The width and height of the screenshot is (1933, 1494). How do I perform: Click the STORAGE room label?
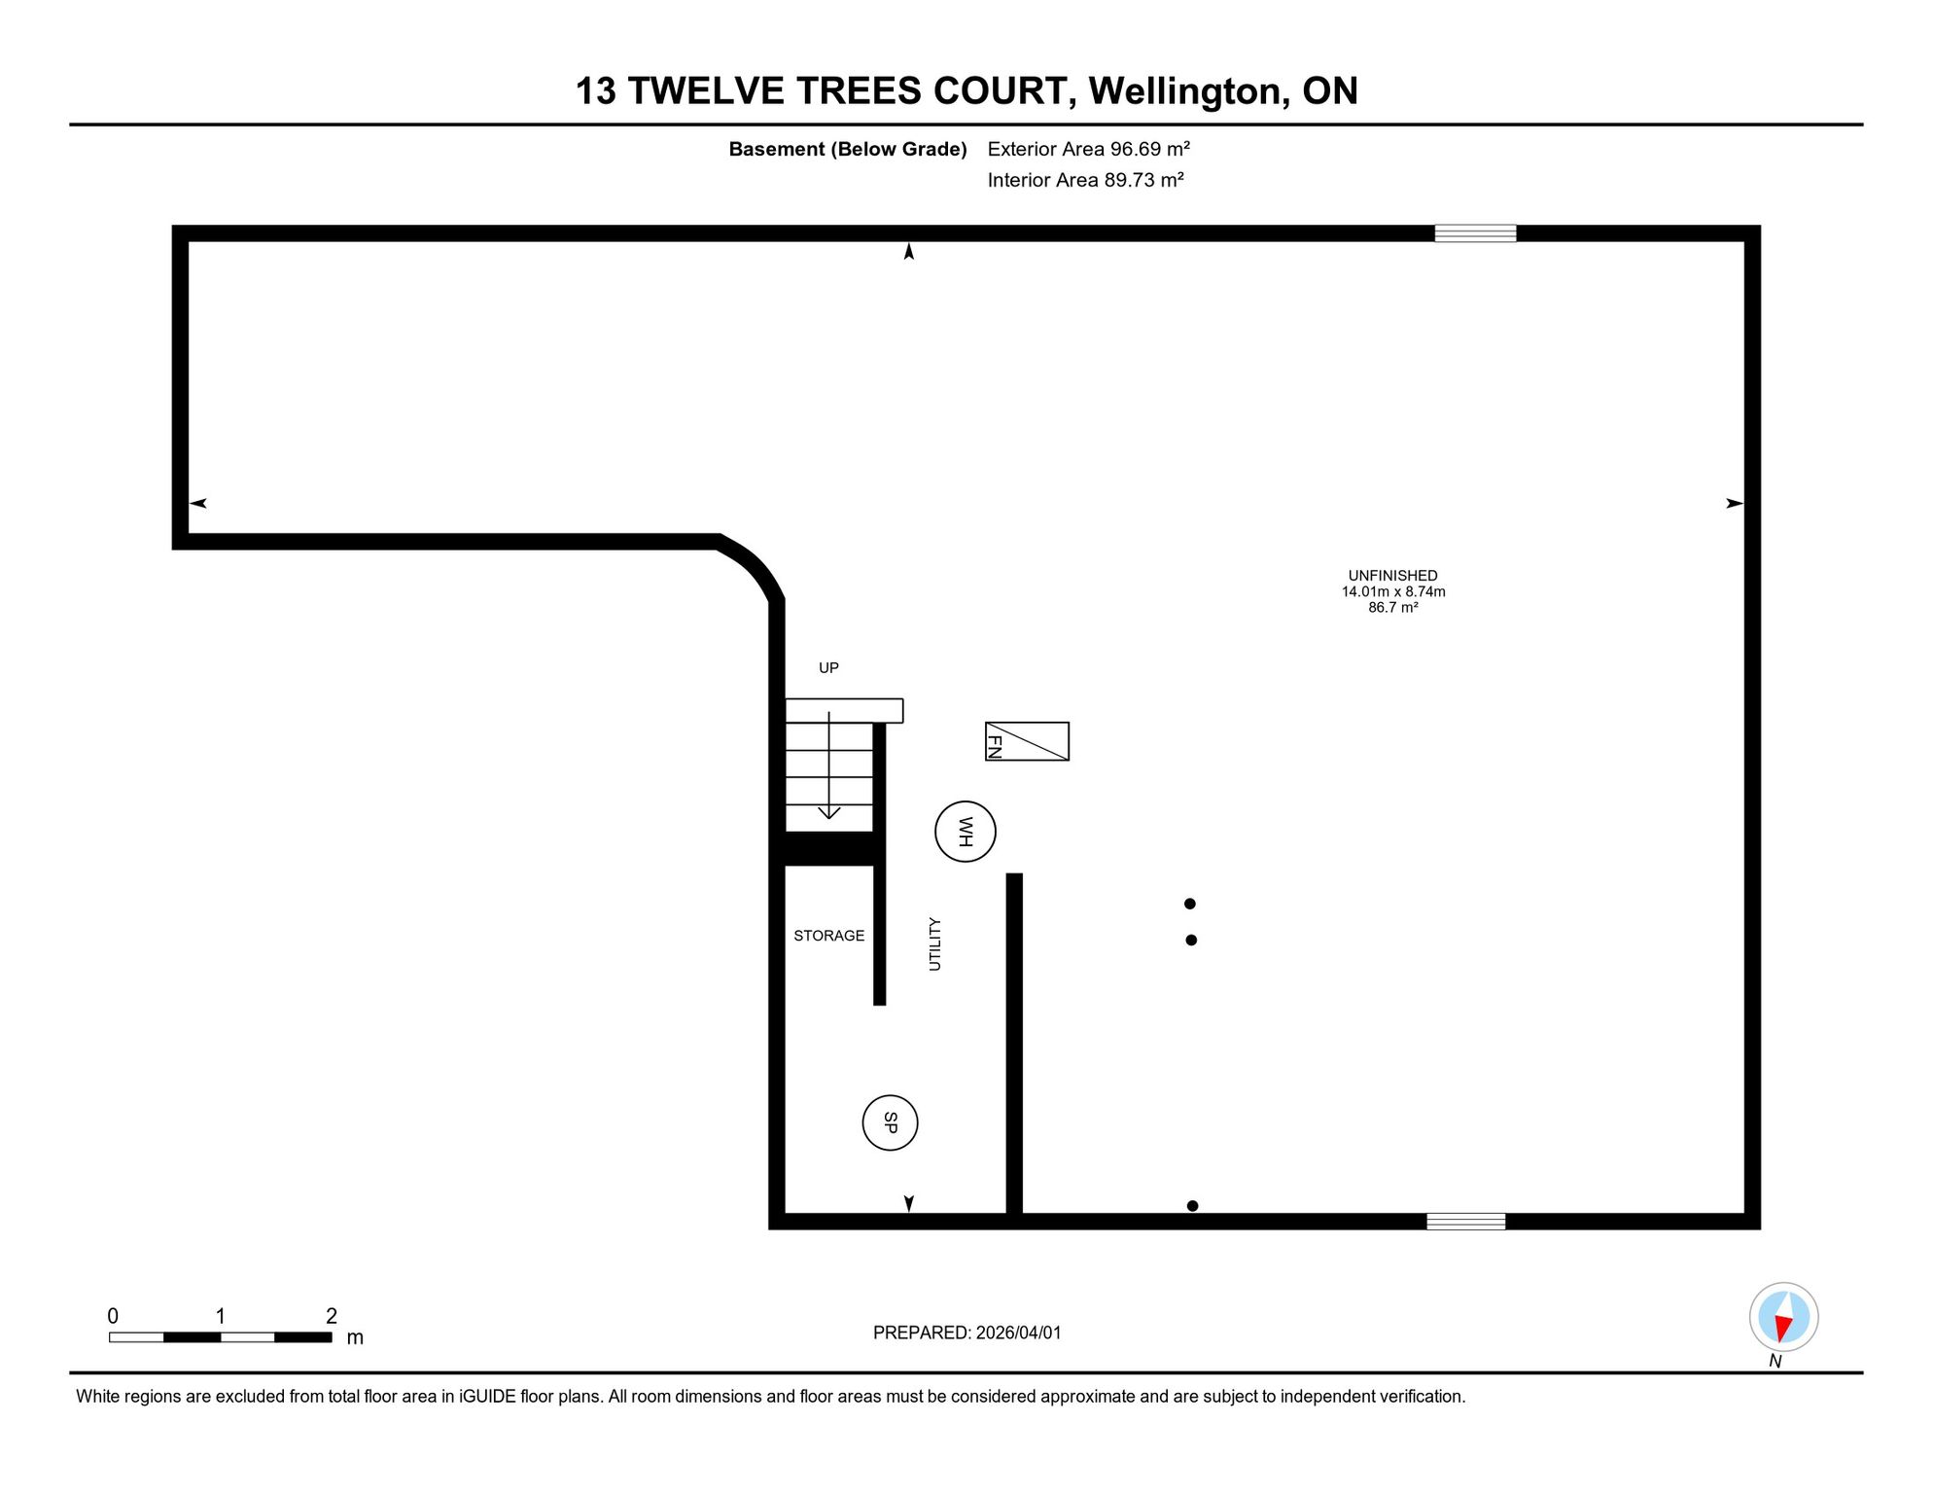(828, 936)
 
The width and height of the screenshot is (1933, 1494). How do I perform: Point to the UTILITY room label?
(934, 943)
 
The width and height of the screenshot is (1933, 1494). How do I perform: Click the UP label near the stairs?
(828, 667)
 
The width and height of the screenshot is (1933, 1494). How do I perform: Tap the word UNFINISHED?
(1392, 576)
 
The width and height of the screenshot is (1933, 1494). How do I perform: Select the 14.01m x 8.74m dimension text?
(1393, 591)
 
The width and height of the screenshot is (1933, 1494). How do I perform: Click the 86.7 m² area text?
(1392, 607)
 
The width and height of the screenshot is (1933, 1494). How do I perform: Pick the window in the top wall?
(1475, 233)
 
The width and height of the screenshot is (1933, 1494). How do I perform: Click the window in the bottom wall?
(1465, 1222)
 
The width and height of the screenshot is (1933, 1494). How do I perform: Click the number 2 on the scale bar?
(332, 1316)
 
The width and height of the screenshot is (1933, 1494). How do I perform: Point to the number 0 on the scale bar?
(113, 1316)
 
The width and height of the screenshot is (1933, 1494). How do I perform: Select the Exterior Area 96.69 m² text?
(1088, 149)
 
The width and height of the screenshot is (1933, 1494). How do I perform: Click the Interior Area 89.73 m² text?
(1085, 180)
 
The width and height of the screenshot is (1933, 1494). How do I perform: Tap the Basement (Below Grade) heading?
(848, 149)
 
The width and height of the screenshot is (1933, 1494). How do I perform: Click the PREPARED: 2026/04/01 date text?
(966, 1333)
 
